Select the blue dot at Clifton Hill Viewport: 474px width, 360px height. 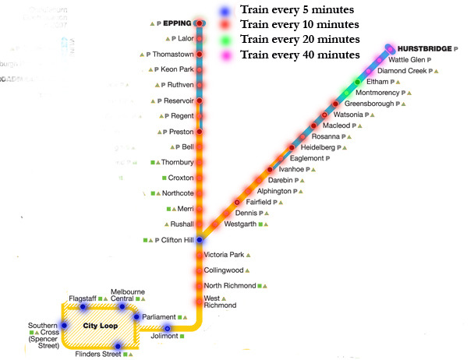click(200, 240)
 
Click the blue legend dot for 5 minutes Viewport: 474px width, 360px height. click(225, 11)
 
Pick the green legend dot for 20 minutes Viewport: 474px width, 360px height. click(225, 40)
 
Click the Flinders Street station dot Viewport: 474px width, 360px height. click(117, 347)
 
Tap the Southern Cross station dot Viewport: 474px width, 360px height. click(65, 326)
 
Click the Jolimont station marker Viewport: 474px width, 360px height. click(167, 329)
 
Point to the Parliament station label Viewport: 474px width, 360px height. click(159, 317)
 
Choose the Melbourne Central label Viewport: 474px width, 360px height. click(122, 294)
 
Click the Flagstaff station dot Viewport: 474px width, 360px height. click(83, 307)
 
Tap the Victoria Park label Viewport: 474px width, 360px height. click(224, 255)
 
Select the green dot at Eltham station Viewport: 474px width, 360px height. click(358, 82)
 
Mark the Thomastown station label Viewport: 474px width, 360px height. click(171, 54)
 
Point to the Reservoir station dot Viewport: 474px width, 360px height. click(200, 101)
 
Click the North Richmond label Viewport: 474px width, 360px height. click(229, 285)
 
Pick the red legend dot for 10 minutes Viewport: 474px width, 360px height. click(225, 26)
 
